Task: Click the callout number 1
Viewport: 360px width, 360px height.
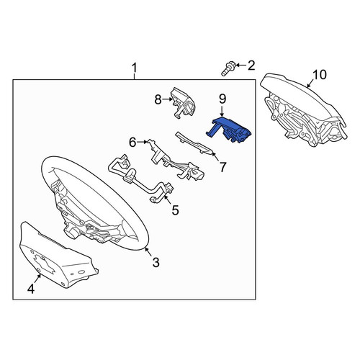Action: click(134, 68)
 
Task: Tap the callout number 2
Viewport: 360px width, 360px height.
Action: click(251, 66)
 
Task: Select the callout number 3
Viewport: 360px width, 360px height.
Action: click(156, 262)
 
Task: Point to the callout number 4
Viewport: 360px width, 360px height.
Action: click(31, 289)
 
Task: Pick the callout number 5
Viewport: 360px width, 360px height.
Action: click(176, 210)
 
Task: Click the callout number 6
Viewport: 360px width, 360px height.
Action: click(132, 143)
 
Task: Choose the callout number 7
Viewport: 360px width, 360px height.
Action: click(223, 167)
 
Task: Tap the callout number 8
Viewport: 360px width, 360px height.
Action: click(158, 99)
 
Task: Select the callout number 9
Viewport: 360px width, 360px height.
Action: click(222, 99)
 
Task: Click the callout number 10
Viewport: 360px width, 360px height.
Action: click(320, 75)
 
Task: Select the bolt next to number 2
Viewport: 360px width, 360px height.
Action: click(228, 69)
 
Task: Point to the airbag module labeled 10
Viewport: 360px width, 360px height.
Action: click(304, 110)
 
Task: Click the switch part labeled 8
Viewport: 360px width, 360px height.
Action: click(182, 102)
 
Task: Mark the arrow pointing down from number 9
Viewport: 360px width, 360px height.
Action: click(222, 112)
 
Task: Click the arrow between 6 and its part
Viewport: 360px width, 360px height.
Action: click(142, 142)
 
